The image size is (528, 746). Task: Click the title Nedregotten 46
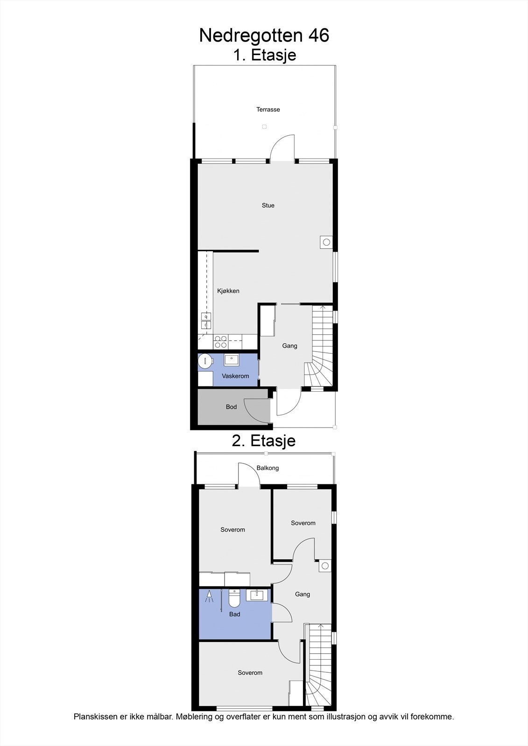point(264,35)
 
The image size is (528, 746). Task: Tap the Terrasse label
point(268,110)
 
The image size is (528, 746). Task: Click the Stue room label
point(268,206)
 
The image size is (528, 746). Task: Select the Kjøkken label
point(228,291)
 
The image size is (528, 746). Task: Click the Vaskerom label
point(235,376)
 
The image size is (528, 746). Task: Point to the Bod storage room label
point(231,407)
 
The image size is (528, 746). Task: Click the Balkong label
point(268,468)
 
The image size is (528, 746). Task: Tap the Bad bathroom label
point(234,615)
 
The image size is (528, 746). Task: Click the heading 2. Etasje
point(264,441)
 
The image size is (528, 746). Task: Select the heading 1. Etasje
point(265,55)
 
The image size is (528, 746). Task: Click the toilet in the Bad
point(234,599)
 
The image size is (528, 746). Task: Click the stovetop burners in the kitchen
point(220,342)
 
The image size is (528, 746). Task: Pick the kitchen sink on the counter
point(206,321)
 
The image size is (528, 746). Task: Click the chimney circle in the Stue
point(326,242)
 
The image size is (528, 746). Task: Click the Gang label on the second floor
point(303,594)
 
